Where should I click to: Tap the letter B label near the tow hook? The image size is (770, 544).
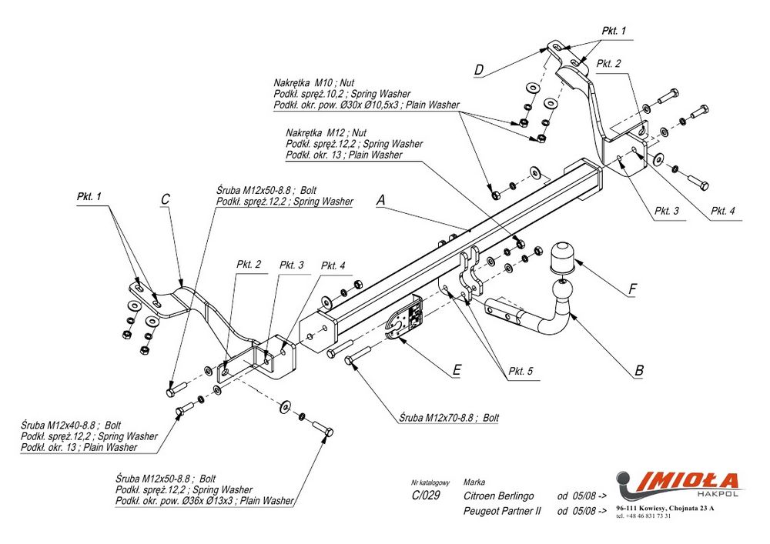click(638, 370)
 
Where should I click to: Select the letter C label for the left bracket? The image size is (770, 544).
click(165, 199)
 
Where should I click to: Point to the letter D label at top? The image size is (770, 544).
click(478, 70)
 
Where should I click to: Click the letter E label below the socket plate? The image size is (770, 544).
click(457, 370)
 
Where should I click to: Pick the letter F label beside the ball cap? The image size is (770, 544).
click(632, 289)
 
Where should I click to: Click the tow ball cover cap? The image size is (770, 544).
click(564, 256)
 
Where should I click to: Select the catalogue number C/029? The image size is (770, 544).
click(425, 496)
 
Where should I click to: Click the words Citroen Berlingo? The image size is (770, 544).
click(499, 496)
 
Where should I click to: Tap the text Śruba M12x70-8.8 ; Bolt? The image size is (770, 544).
click(449, 418)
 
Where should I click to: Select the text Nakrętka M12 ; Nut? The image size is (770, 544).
click(326, 132)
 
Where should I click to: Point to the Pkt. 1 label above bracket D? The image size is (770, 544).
click(614, 32)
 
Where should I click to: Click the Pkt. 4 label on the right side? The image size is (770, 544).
click(722, 210)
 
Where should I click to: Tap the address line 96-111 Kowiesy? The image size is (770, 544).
click(665, 509)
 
